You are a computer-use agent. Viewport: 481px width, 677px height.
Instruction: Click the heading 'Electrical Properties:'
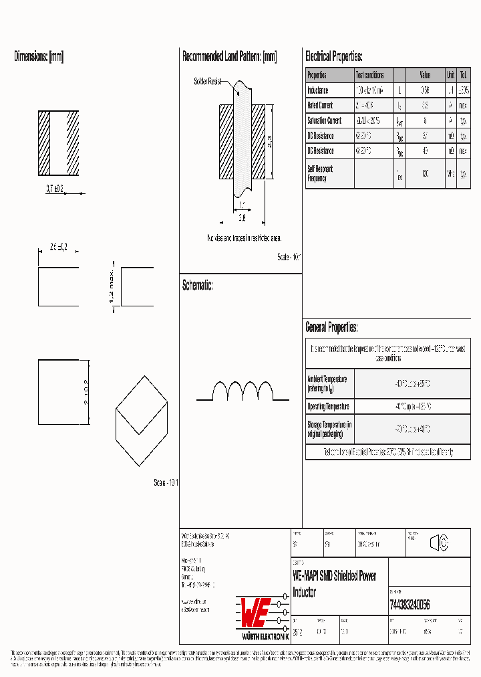(333, 57)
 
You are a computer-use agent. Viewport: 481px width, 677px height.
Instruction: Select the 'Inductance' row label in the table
(318, 90)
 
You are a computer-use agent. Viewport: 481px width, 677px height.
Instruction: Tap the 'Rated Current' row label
(320, 106)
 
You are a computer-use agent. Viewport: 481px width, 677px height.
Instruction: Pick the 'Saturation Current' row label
(324, 121)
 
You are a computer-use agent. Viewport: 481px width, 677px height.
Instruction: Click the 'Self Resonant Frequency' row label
(320, 174)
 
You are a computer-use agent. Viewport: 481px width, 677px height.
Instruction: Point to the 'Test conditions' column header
(369, 75)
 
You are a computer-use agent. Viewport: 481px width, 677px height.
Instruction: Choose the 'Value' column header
(425, 75)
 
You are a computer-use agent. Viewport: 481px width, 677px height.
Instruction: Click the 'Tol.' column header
(464, 75)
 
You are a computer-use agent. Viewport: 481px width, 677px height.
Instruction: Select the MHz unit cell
(451, 174)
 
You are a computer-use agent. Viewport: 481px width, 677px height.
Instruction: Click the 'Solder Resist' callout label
(207, 82)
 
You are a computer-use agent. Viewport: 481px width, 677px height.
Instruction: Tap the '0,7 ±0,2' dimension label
(55, 189)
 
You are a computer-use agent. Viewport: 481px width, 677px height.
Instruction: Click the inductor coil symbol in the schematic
(243, 391)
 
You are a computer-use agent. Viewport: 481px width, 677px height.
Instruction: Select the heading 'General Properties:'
(331, 327)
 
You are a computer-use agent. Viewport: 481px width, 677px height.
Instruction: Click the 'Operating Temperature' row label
(329, 407)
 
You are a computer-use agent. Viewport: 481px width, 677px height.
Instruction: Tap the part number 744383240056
(409, 604)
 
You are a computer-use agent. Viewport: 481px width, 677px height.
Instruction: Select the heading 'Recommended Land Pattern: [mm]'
(229, 57)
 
